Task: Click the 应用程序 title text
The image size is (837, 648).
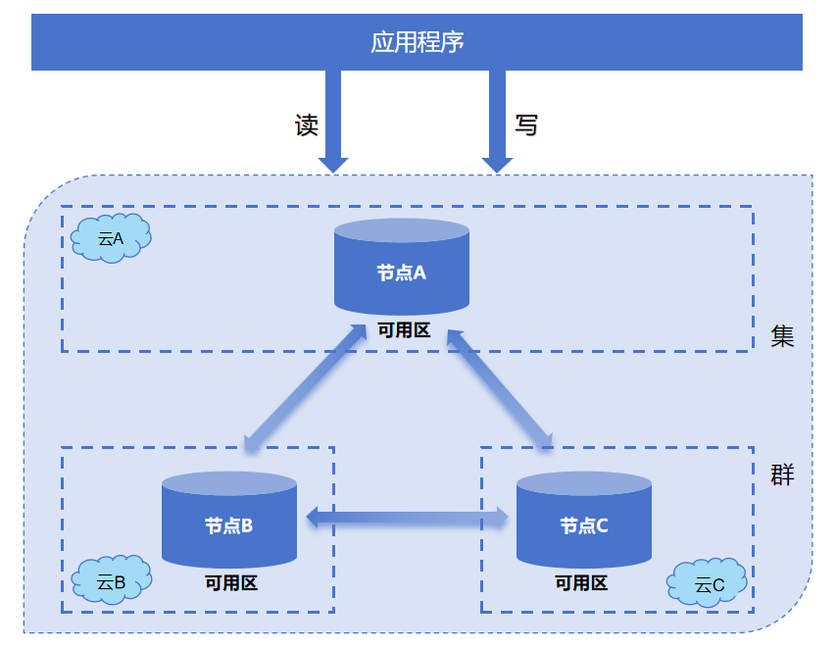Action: coord(417,42)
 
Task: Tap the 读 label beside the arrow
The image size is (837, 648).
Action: coord(307,125)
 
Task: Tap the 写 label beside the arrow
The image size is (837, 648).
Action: coord(526,125)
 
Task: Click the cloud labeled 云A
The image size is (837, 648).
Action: coord(112,238)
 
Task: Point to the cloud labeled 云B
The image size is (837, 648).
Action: coord(112,581)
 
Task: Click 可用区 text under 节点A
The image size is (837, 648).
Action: coord(404,330)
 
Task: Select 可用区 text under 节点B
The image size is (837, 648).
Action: coord(231,583)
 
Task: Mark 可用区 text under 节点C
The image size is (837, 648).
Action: coord(581,583)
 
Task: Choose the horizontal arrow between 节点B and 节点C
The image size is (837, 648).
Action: coord(408,517)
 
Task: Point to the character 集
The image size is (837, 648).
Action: coord(782,337)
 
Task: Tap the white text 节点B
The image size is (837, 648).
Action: coord(228,526)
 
